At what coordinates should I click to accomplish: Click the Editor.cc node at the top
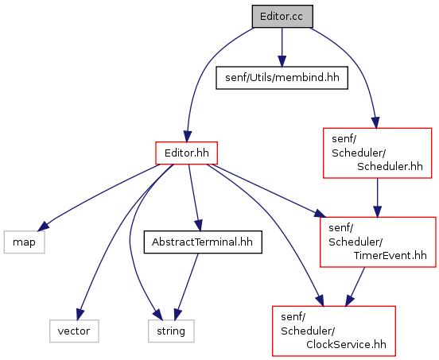[x=282, y=17]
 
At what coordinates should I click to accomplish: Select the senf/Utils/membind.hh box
[x=282, y=78]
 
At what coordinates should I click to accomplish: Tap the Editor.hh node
[x=186, y=153]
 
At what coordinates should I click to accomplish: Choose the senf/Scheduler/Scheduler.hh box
[x=377, y=153]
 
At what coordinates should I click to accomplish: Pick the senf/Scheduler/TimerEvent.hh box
[x=378, y=242]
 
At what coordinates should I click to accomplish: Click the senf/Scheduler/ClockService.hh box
[x=334, y=331]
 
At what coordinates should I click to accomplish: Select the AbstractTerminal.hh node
[x=203, y=242]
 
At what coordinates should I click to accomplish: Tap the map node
[x=24, y=242]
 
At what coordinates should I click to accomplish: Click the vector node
[x=74, y=331]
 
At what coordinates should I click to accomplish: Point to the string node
[x=171, y=331]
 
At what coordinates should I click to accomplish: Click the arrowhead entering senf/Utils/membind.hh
[x=282, y=61]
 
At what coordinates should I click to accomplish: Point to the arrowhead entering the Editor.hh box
[x=188, y=137]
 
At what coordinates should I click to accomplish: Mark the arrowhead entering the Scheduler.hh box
[x=375, y=123]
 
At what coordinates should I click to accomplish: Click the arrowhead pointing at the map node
[x=43, y=226]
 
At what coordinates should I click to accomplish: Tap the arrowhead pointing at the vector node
[x=80, y=315]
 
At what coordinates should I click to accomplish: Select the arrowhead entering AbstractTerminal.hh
[x=199, y=226]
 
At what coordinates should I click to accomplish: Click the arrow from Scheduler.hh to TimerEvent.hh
[x=377, y=197]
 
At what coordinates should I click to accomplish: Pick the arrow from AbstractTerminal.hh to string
[x=186, y=287]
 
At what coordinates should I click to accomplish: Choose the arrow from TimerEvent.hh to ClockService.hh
[x=355, y=287]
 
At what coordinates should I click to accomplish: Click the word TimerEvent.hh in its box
[x=390, y=255]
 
